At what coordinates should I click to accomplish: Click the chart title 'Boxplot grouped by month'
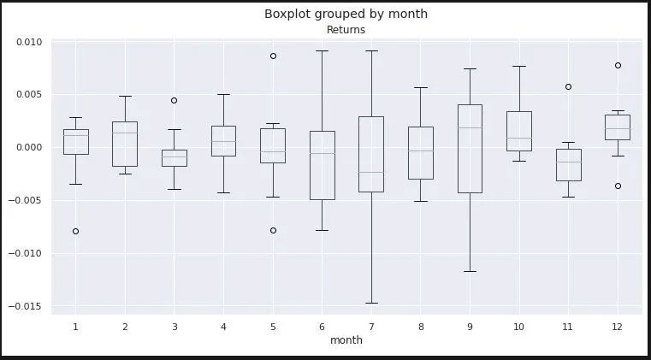(x=346, y=15)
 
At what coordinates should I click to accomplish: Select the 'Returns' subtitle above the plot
(x=346, y=30)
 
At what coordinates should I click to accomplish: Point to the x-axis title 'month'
(x=346, y=340)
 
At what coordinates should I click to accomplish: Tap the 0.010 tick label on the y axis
(x=29, y=42)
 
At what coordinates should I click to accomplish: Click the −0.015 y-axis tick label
(x=26, y=306)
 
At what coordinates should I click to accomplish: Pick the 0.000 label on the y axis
(x=29, y=148)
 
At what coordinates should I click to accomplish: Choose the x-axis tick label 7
(x=371, y=328)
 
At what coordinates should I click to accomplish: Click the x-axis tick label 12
(x=617, y=328)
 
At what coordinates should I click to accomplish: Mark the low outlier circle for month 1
(x=75, y=231)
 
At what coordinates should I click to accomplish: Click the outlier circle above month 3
(x=174, y=101)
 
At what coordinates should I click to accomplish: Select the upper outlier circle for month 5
(x=273, y=56)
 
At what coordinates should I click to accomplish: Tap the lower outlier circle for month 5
(x=273, y=230)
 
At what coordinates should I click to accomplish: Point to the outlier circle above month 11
(x=568, y=86)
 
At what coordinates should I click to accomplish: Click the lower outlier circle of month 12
(x=618, y=186)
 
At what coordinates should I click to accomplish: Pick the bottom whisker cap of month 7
(x=371, y=303)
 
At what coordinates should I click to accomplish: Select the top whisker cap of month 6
(x=323, y=50)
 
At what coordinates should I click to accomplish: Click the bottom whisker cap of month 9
(x=470, y=272)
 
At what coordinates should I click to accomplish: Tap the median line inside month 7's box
(x=371, y=172)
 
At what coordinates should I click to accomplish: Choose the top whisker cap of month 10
(x=519, y=66)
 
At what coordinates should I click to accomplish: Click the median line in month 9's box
(x=470, y=128)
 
